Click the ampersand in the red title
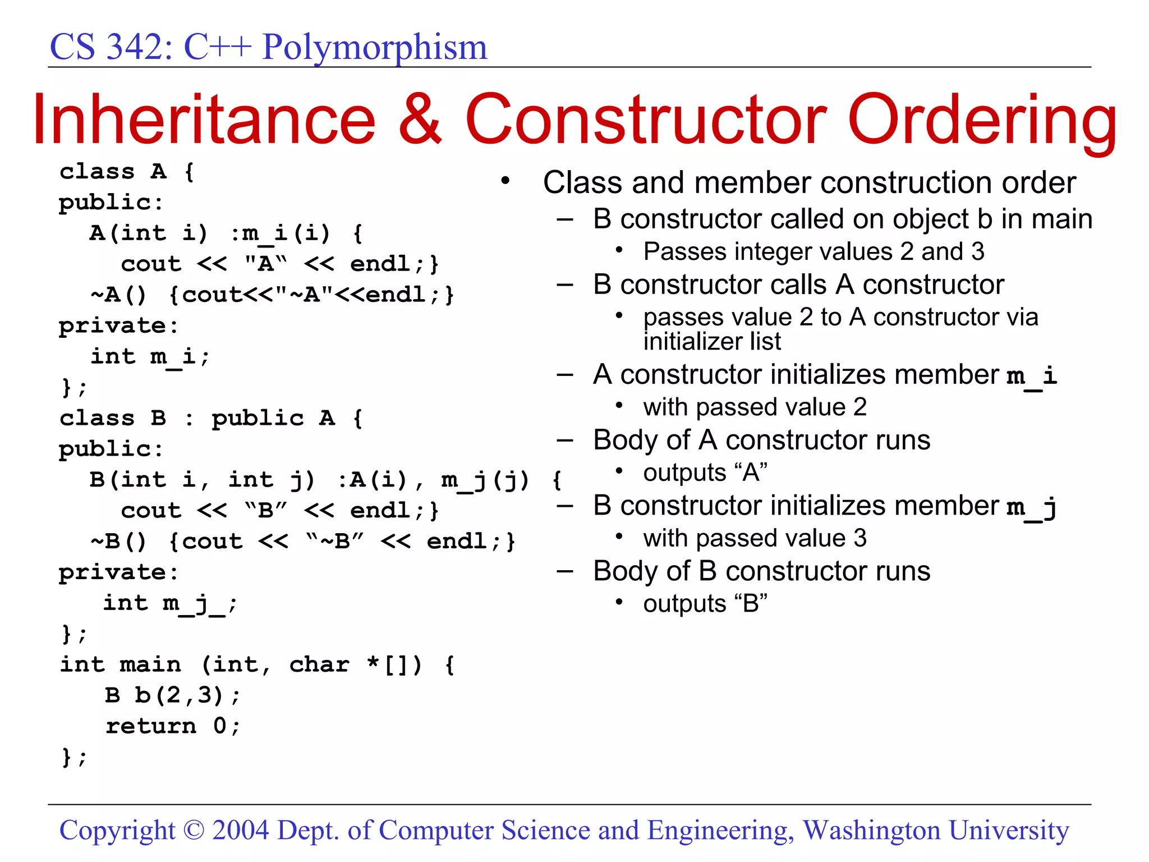[420, 120]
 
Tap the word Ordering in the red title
[982, 121]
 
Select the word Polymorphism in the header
[375, 47]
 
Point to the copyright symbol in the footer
[194, 830]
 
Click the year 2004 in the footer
[241, 830]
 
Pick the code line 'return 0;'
[173, 726]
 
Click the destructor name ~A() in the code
[119, 295]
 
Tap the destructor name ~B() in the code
[119, 542]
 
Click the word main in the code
[150, 664]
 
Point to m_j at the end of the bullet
[1032, 507]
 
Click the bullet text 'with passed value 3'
[755, 538]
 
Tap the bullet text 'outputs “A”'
[705, 473]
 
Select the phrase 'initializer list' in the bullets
[712, 341]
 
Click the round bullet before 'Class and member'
[505, 181]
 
